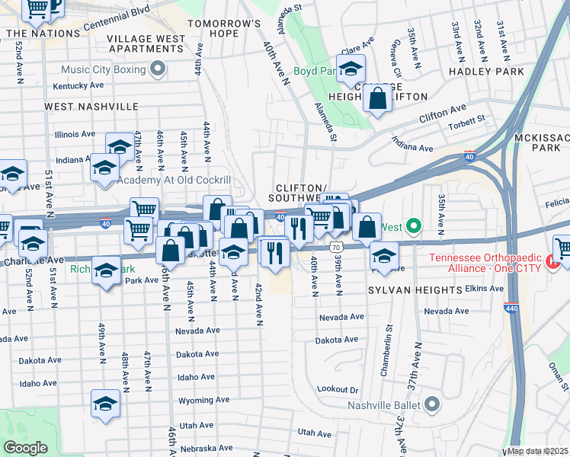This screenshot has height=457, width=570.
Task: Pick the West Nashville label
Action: (91, 107)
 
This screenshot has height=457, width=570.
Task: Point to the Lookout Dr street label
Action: (338, 389)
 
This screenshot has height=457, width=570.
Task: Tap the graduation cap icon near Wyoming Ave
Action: (106, 404)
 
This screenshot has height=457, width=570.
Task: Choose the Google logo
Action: (26, 448)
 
